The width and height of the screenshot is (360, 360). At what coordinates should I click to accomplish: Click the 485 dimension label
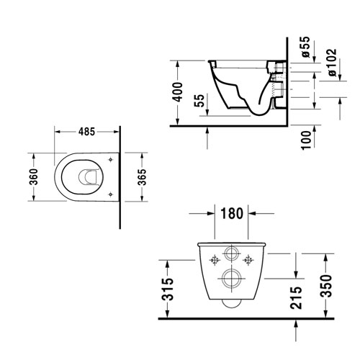86,132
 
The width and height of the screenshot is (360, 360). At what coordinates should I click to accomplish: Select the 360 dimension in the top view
34,176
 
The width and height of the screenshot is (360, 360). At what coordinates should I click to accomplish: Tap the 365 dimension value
142,177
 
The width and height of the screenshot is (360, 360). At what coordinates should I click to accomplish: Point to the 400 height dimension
179,92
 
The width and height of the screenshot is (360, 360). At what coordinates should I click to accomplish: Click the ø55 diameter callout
305,47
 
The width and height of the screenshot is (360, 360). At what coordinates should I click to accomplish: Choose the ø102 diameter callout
332,63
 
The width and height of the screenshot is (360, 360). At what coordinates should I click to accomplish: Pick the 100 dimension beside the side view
306,140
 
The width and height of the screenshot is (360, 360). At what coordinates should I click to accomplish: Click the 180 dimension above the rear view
232,213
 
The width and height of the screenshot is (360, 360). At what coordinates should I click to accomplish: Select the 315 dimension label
167,289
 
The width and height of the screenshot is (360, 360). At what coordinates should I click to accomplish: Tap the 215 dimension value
295,297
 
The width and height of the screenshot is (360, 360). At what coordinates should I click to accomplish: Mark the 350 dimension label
325,286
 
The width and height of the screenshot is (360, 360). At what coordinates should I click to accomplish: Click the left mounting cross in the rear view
215,260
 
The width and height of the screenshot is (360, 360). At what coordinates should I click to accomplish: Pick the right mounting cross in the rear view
248,260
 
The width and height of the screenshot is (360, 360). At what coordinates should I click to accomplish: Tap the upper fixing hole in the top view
110,159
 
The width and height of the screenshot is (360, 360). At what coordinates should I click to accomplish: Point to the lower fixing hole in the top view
110,194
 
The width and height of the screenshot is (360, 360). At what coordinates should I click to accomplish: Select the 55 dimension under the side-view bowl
199,101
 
